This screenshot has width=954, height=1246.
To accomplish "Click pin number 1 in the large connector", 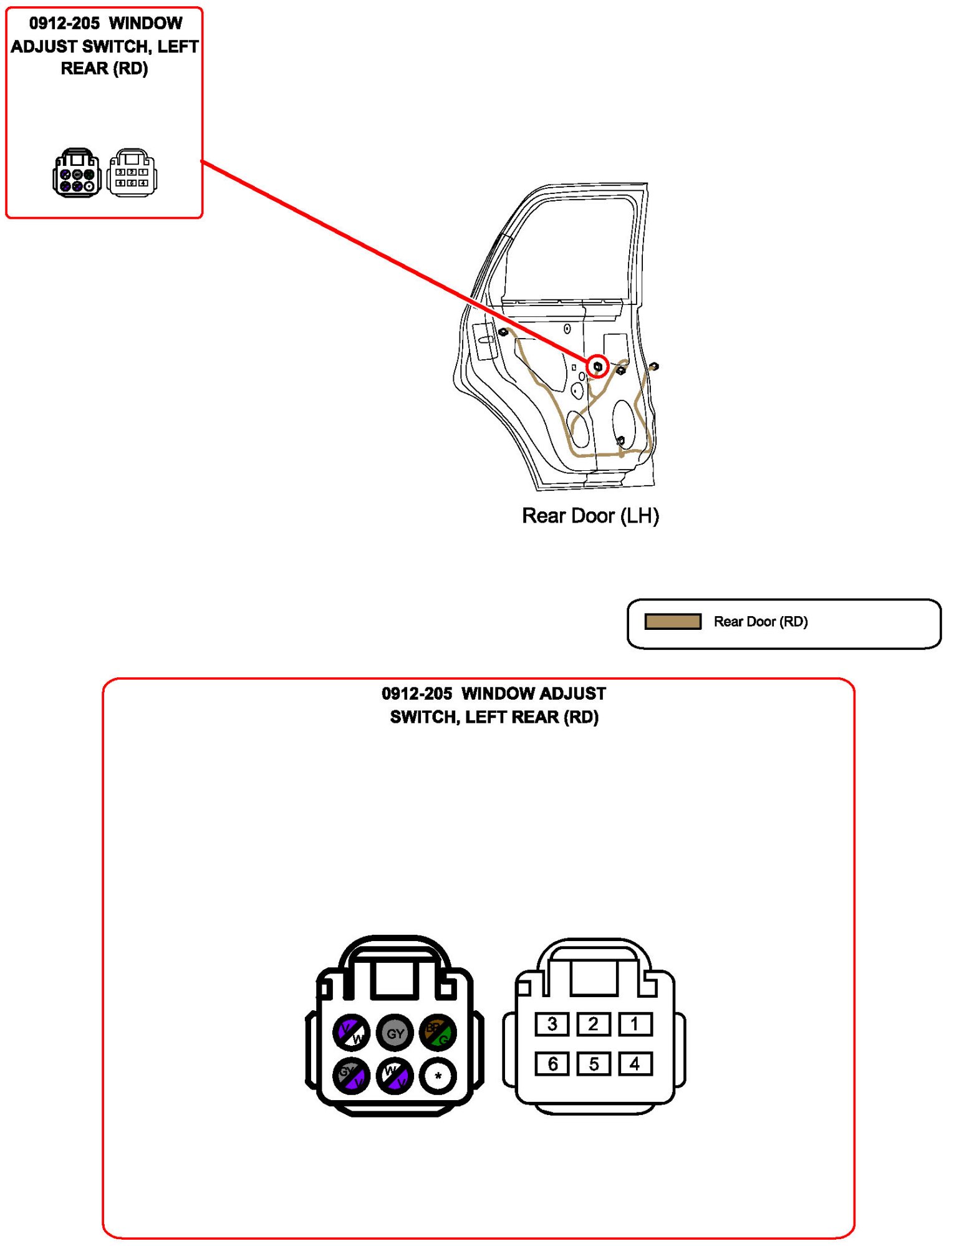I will tap(635, 1024).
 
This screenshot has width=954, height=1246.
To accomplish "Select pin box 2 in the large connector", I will tap(593, 1024).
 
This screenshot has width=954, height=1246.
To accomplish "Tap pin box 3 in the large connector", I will tap(552, 1024).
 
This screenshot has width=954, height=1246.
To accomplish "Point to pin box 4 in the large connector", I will tap(635, 1064).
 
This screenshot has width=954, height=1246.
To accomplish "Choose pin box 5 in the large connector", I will tap(593, 1064).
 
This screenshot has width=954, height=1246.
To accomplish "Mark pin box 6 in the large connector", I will tap(552, 1064).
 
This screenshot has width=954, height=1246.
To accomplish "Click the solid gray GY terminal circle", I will tap(395, 1033).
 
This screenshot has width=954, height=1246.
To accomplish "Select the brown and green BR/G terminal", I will tap(438, 1033).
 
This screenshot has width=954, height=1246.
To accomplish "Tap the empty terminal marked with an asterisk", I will tap(438, 1076).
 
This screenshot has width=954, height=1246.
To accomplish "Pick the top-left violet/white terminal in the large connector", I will tap(351, 1033).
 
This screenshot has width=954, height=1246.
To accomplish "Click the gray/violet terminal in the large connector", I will tap(351, 1076).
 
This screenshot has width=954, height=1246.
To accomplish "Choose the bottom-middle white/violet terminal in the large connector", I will tap(395, 1076).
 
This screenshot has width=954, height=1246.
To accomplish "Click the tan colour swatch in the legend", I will tap(673, 621).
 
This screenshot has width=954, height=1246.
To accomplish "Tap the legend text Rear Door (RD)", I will tap(761, 621).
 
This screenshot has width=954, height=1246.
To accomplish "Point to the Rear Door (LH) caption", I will tap(590, 516).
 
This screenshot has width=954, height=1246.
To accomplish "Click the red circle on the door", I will tap(597, 366).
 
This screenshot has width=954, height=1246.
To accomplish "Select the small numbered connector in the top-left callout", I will tap(132, 173).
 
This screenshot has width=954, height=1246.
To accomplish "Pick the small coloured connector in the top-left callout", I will tap(77, 173).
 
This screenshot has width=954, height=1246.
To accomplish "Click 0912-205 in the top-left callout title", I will tap(64, 24).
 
